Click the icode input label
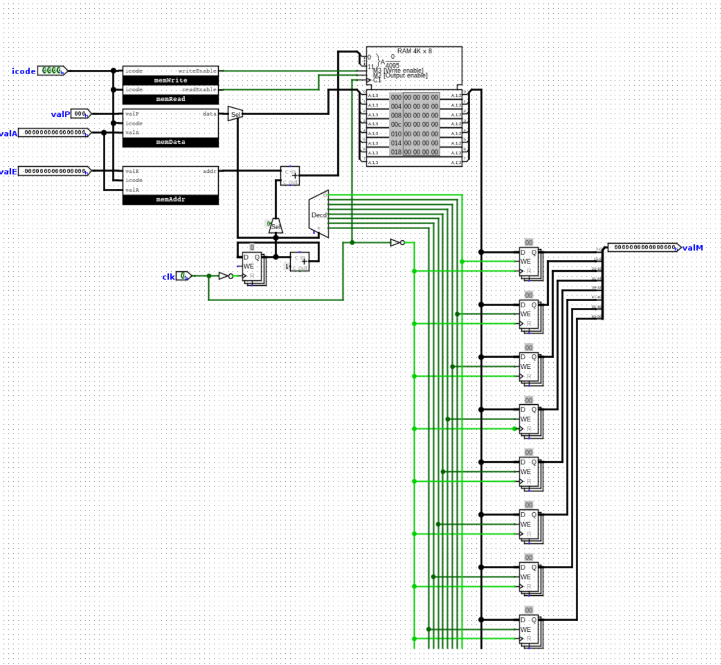click(23, 71)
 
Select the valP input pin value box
click(80, 114)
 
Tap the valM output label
click(692, 248)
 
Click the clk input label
click(168, 276)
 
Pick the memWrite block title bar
click(171, 80)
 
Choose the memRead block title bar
click(171, 99)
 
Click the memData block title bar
click(171, 142)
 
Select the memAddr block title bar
click(171, 199)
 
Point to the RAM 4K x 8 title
click(414, 51)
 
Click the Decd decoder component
click(319, 215)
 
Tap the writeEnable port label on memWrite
click(197, 71)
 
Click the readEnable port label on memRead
click(199, 90)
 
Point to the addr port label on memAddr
click(209, 172)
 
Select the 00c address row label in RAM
click(396, 125)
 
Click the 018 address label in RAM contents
click(396, 152)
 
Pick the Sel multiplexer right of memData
click(235, 114)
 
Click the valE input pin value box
click(54, 171)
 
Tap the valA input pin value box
click(54, 132)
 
